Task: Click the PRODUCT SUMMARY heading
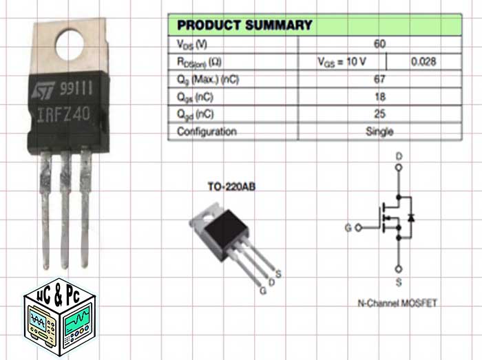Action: point(244,25)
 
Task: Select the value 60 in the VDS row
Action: point(379,44)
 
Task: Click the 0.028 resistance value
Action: point(424,62)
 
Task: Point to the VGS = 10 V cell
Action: point(342,62)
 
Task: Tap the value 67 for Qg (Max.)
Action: point(379,79)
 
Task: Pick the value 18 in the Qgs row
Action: point(379,96)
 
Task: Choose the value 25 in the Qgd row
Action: point(379,114)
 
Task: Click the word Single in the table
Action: point(379,131)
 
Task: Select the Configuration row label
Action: point(207,131)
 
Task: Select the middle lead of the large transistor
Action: point(66,207)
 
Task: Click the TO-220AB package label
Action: point(232,186)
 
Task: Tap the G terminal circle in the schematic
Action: point(357,226)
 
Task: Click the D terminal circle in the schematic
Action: point(398,167)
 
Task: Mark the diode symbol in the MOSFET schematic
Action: point(411,218)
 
